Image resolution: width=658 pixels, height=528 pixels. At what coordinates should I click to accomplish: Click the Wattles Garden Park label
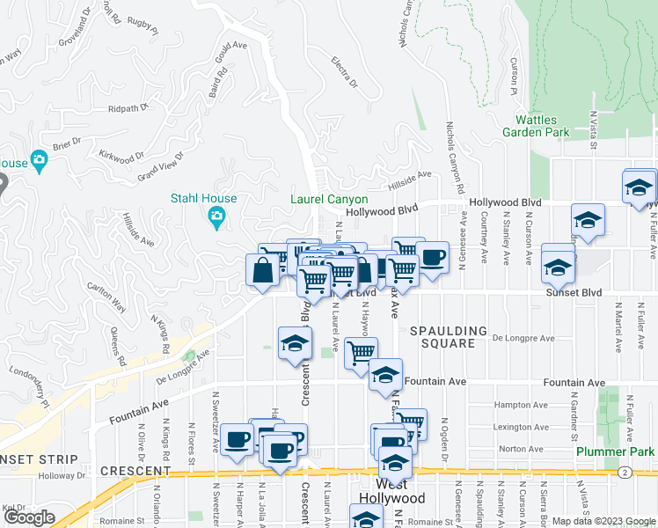(542, 126)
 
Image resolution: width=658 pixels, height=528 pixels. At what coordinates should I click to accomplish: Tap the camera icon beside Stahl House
(216, 216)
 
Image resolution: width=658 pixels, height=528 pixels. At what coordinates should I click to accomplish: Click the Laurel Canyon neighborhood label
(329, 200)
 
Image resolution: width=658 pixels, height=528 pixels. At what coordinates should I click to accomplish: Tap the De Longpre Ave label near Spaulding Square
(523, 338)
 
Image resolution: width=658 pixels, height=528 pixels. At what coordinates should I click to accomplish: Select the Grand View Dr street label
(159, 166)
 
